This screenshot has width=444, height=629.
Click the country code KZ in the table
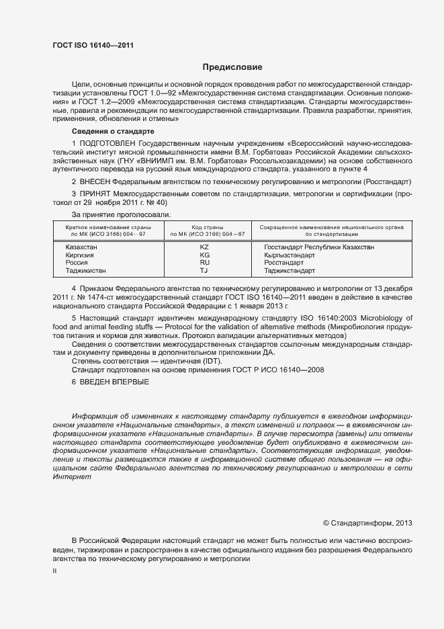tap(205, 247)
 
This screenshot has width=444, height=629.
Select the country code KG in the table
tap(205, 255)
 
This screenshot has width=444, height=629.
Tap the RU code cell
tap(205, 263)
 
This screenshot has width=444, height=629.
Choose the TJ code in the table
tap(205, 271)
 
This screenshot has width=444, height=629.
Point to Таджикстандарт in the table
tap(290, 271)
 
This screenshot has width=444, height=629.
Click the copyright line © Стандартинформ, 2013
tap(368, 523)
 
